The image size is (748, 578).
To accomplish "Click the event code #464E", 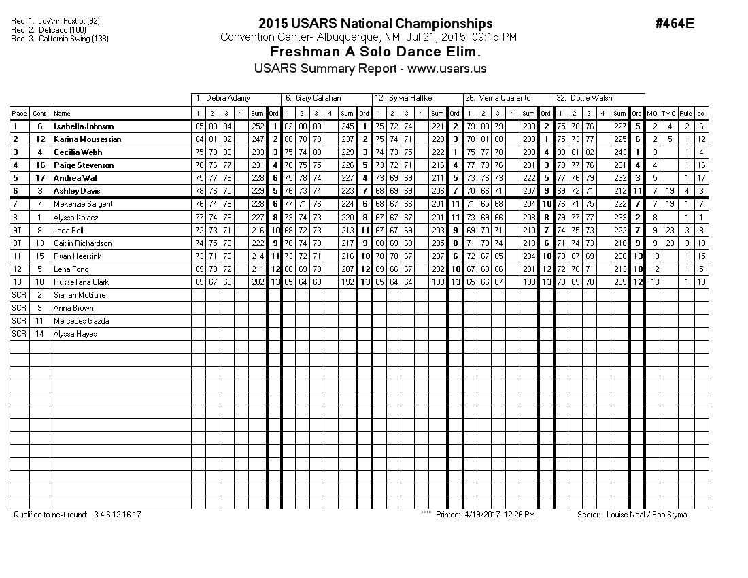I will pyautogui.click(x=675, y=24).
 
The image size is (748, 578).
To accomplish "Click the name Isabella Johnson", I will pyautogui.click(x=84, y=126).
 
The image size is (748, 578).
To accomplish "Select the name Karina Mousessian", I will pyautogui.click(x=87, y=139).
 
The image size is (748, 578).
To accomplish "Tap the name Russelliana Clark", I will pyautogui.click(x=81, y=282).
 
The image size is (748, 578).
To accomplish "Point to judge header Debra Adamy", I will pyautogui.click(x=226, y=99).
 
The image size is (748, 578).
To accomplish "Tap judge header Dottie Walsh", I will pyautogui.click(x=592, y=99).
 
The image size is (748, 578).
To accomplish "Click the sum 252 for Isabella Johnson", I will pyautogui.click(x=257, y=126).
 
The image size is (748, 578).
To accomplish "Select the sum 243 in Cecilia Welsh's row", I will pyautogui.click(x=619, y=152).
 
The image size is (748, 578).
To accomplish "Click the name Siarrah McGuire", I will pyautogui.click(x=80, y=295).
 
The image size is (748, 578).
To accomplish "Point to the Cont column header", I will pyautogui.click(x=39, y=114).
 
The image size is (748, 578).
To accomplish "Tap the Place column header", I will pyautogui.click(x=19, y=114).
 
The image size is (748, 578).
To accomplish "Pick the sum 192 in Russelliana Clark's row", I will pyautogui.click(x=347, y=282).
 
